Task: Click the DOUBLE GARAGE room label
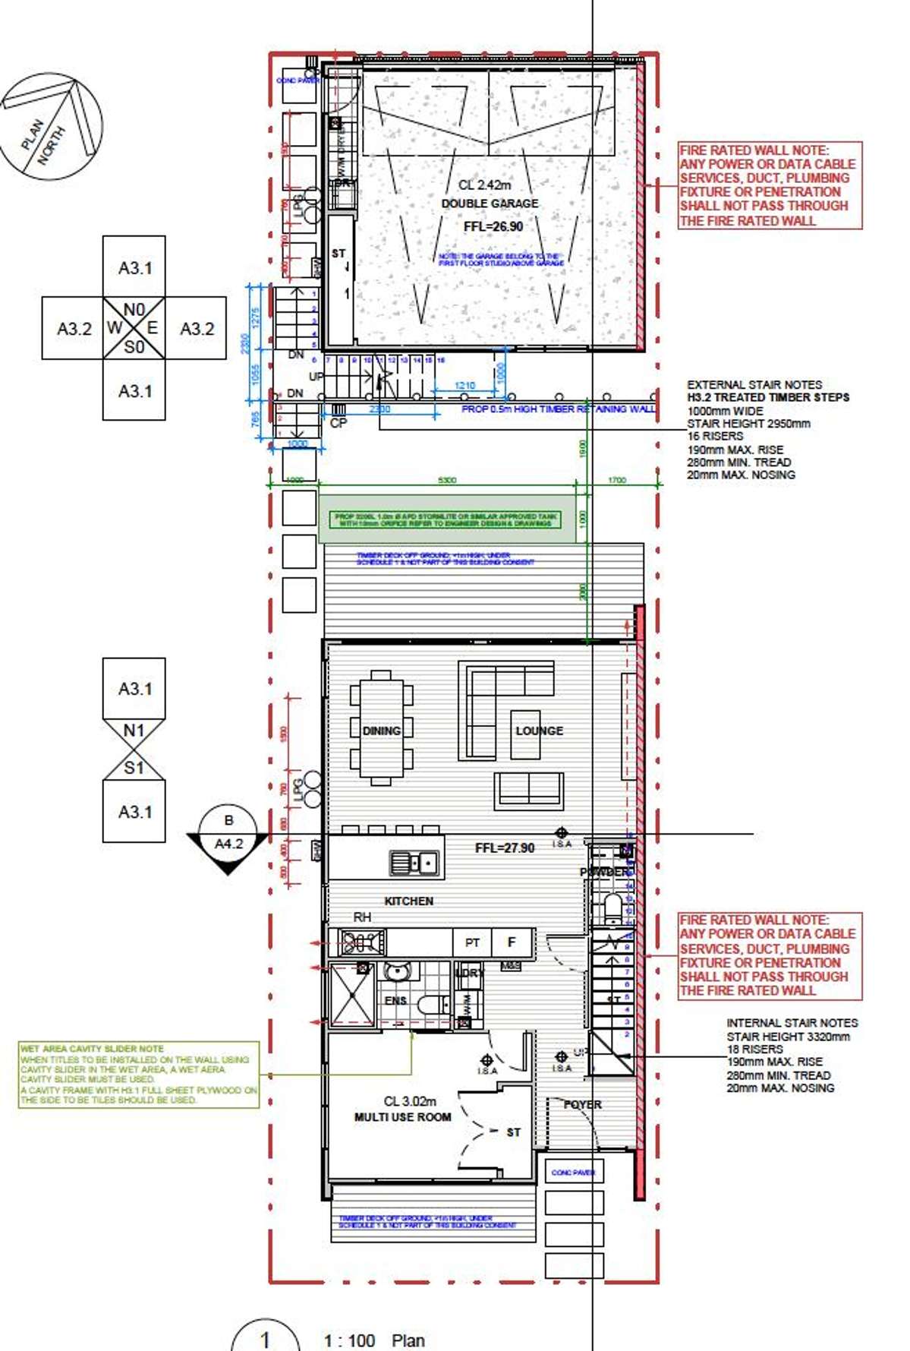click(490, 204)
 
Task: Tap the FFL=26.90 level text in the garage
click(493, 226)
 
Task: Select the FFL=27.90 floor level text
click(504, 848)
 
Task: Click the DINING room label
click(381, 731)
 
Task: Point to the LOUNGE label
click(539, 731)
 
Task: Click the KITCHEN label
click(408, 901)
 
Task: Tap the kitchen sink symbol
click(414, 863)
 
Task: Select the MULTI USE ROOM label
click(402, 1117)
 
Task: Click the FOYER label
click(582, 1104)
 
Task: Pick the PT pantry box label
click(472, 942)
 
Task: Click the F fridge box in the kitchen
click(512, 942)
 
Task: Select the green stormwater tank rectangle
click(446, 519)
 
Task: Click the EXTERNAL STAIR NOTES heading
click(754, 385)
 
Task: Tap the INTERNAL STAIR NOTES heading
click(792, 1023)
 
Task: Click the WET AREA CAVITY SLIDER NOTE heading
click(92, 1048)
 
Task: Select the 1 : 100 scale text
click(349, 1340)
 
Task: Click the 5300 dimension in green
click(447, 480)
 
